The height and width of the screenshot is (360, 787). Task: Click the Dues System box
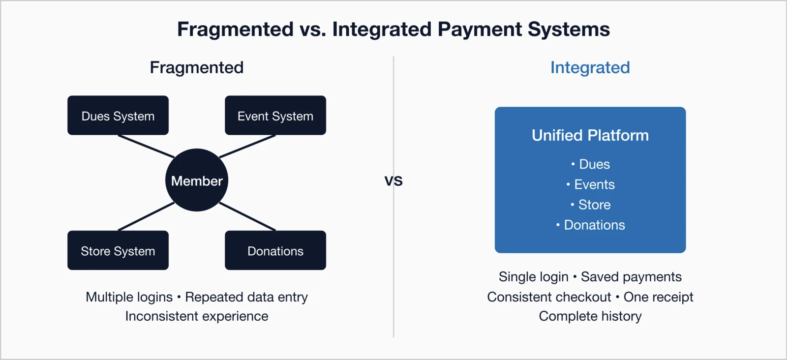(x=118, y=116)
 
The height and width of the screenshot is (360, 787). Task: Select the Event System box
(x=275, y=116)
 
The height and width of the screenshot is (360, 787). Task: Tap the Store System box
(x=118, y=250)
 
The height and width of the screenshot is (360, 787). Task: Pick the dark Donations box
(x=275, y=250)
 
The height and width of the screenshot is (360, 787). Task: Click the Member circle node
(x=197, y=180)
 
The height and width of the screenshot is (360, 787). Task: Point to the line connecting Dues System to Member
(x=146, y=147)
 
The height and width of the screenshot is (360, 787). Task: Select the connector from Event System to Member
(x=247, y=147)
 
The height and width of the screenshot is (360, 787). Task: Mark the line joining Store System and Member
(x=146, y=216)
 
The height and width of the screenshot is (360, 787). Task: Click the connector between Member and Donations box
(x=247, y=216)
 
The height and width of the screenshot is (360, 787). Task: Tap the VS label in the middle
(x=393, y=181)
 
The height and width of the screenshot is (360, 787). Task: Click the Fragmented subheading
(x=197, y=67)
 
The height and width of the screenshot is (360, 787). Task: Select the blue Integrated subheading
(x=590, y=67)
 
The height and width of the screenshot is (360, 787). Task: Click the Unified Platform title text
(x=590, y=135)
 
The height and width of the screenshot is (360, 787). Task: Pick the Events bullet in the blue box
(x=594, y=184)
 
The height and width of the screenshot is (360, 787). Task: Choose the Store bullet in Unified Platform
(x=594, y=205)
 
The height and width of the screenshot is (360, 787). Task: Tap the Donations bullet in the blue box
(x=594, y=225)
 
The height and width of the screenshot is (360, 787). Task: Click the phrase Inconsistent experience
(x=197, y=316)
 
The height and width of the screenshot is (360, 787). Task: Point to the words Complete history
(x=590, y=316)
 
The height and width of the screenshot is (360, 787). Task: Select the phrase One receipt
(x=658, y=297)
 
